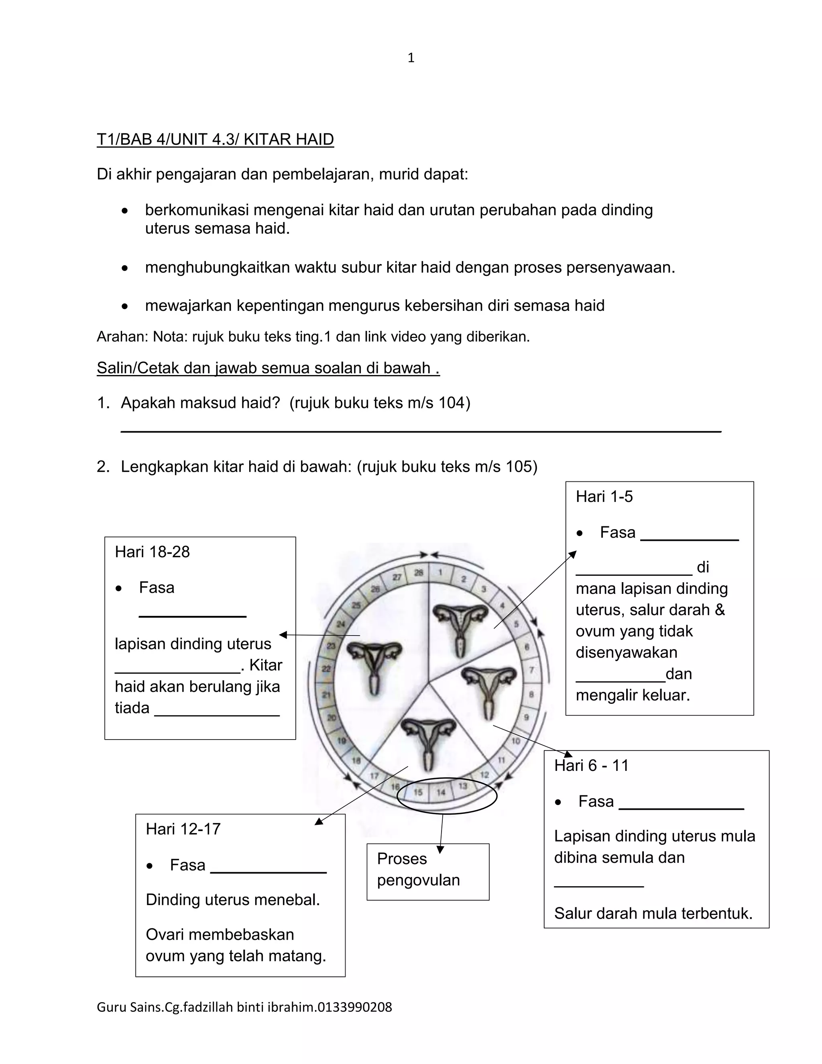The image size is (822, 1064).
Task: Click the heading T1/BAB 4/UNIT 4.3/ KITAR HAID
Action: tap(215, 139)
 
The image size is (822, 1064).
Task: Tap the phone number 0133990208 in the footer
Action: tap(354, 1007)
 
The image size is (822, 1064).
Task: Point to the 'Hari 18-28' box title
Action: tap(152, 552)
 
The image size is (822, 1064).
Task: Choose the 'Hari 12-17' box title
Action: tap(183, 829)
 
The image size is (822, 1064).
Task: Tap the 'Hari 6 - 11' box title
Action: tap(591, 765)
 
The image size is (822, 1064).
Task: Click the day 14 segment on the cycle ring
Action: tap(441, 793)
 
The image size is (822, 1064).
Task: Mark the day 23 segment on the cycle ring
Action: tap(331, 646)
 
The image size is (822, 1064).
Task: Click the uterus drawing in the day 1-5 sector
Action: tap(461, 625)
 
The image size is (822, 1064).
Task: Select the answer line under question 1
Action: tap(421, 431)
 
